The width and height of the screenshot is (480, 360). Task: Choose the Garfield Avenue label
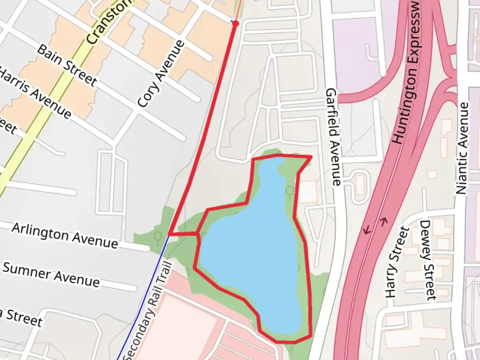tap(333, 137)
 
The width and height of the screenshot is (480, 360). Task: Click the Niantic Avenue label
tap(462, 148)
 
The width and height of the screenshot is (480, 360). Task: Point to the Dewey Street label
tap(428, 260)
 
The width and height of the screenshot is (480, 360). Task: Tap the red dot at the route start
tap(236, 23)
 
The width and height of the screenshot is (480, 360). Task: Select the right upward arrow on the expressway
tap(384, 221)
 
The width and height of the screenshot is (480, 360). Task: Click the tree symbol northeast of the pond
tap(290, 191)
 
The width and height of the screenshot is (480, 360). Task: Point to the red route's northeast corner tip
tap(311, 156)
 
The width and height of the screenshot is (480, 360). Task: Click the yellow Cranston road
tap(50, 100)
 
